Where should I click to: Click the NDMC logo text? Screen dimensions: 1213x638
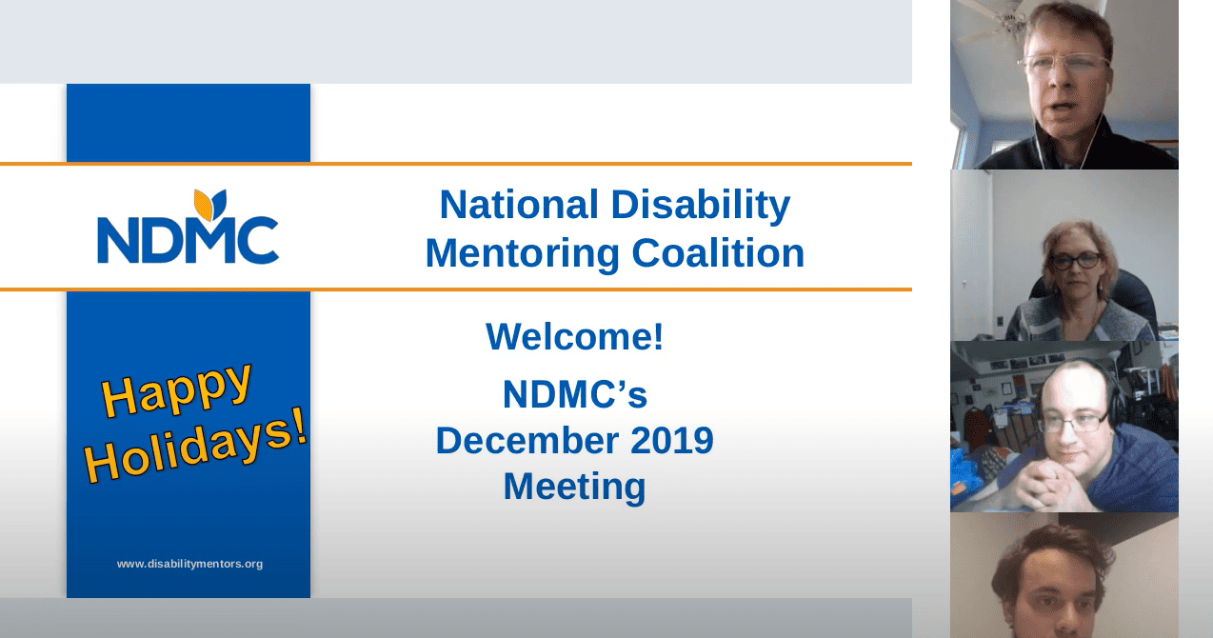[x=188, y=240]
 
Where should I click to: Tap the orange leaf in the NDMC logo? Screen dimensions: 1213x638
[x=203, y=205]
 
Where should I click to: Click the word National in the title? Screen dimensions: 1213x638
[x=518, y=205]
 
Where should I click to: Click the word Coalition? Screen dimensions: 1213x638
[x=718, y=253]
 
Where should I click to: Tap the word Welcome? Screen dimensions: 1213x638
[x=574, y=336]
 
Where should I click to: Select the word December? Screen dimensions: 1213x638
[x=527, y=440]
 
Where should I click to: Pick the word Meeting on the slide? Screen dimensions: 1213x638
[x=574, y=487]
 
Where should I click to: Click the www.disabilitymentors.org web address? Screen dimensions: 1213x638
[x=189, y=564]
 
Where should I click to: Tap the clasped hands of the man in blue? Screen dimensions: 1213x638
[x=1043, y=484]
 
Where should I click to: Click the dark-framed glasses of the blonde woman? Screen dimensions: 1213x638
[x=1076, y=261]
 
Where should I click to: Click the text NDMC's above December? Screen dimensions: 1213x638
[x=574, y=393]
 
